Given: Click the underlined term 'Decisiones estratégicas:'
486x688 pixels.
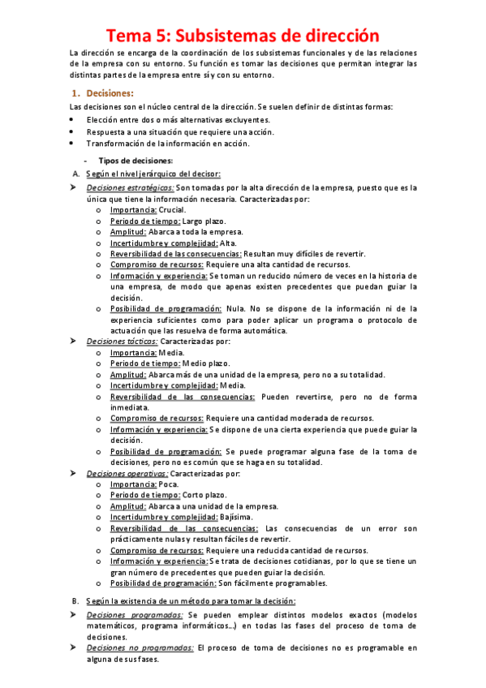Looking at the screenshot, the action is tap(130, 187).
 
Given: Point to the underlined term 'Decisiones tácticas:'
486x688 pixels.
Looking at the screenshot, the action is tap(123, 342).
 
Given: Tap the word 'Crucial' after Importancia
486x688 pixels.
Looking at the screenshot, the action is tap(172, 209).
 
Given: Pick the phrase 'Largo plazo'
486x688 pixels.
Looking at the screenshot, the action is tap(204, 221).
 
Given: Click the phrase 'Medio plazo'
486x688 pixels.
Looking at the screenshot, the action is tap(206, 363).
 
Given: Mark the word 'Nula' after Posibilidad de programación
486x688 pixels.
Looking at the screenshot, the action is tap(237, 308).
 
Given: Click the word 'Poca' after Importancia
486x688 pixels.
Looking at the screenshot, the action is tap(170, 484).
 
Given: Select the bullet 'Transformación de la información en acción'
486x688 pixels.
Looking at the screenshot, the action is tap(168, 143).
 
